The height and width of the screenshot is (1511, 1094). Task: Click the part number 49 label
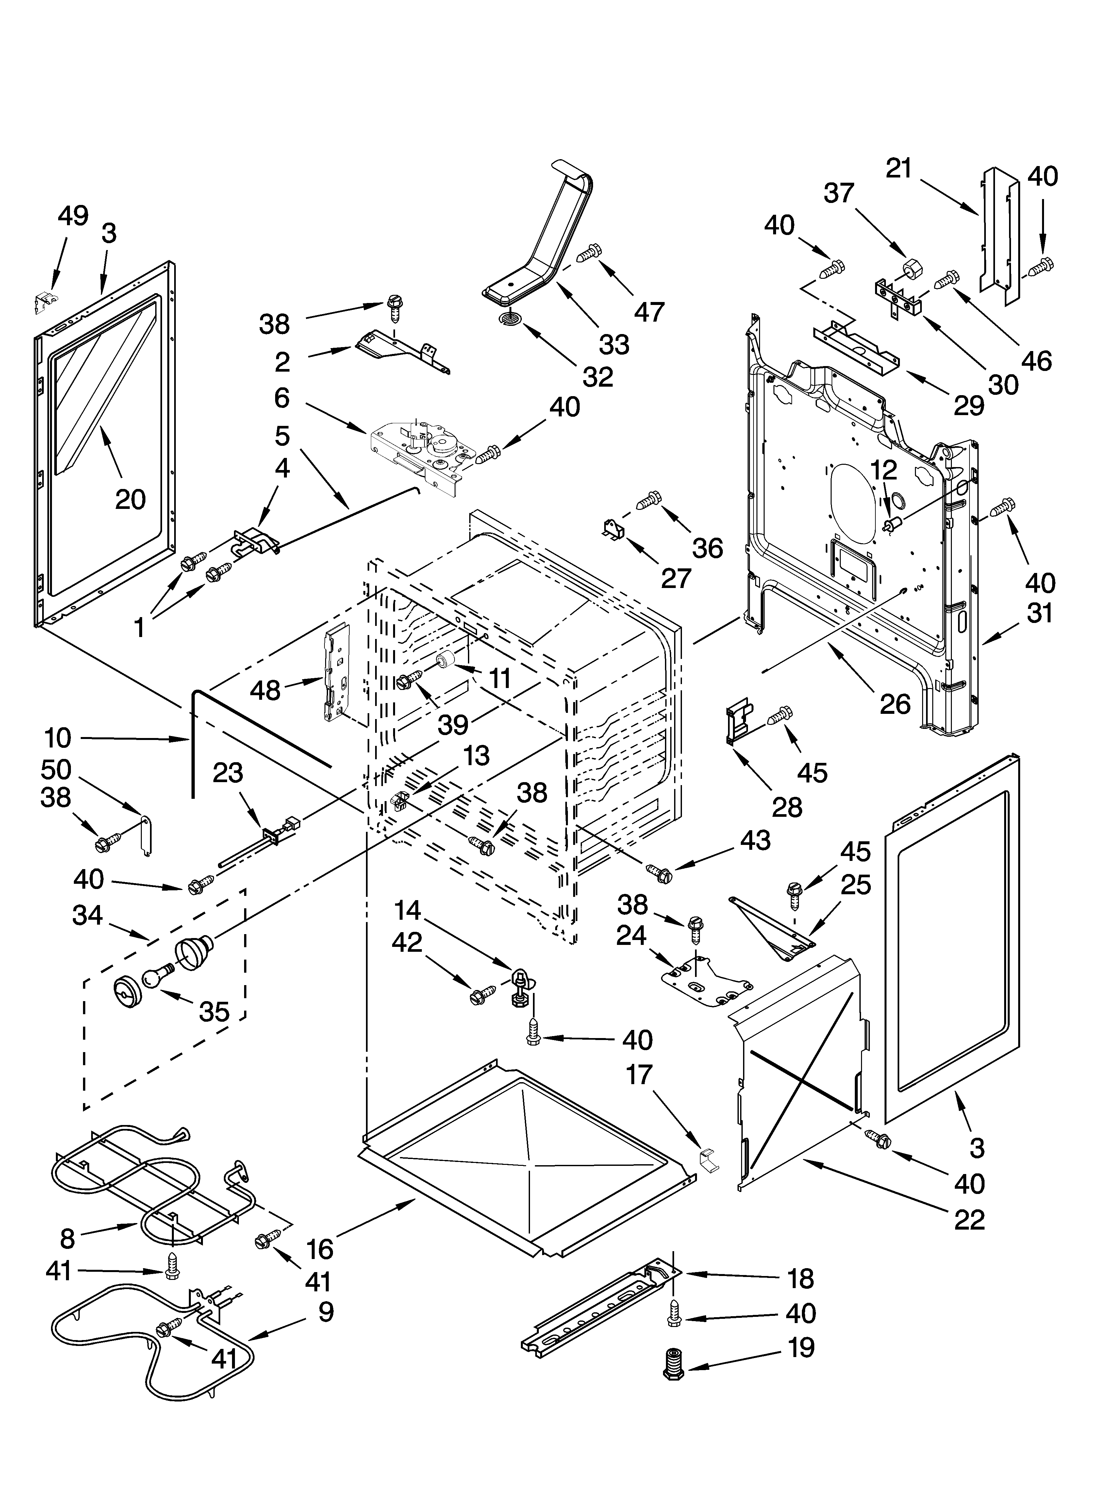coord(73,216)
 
